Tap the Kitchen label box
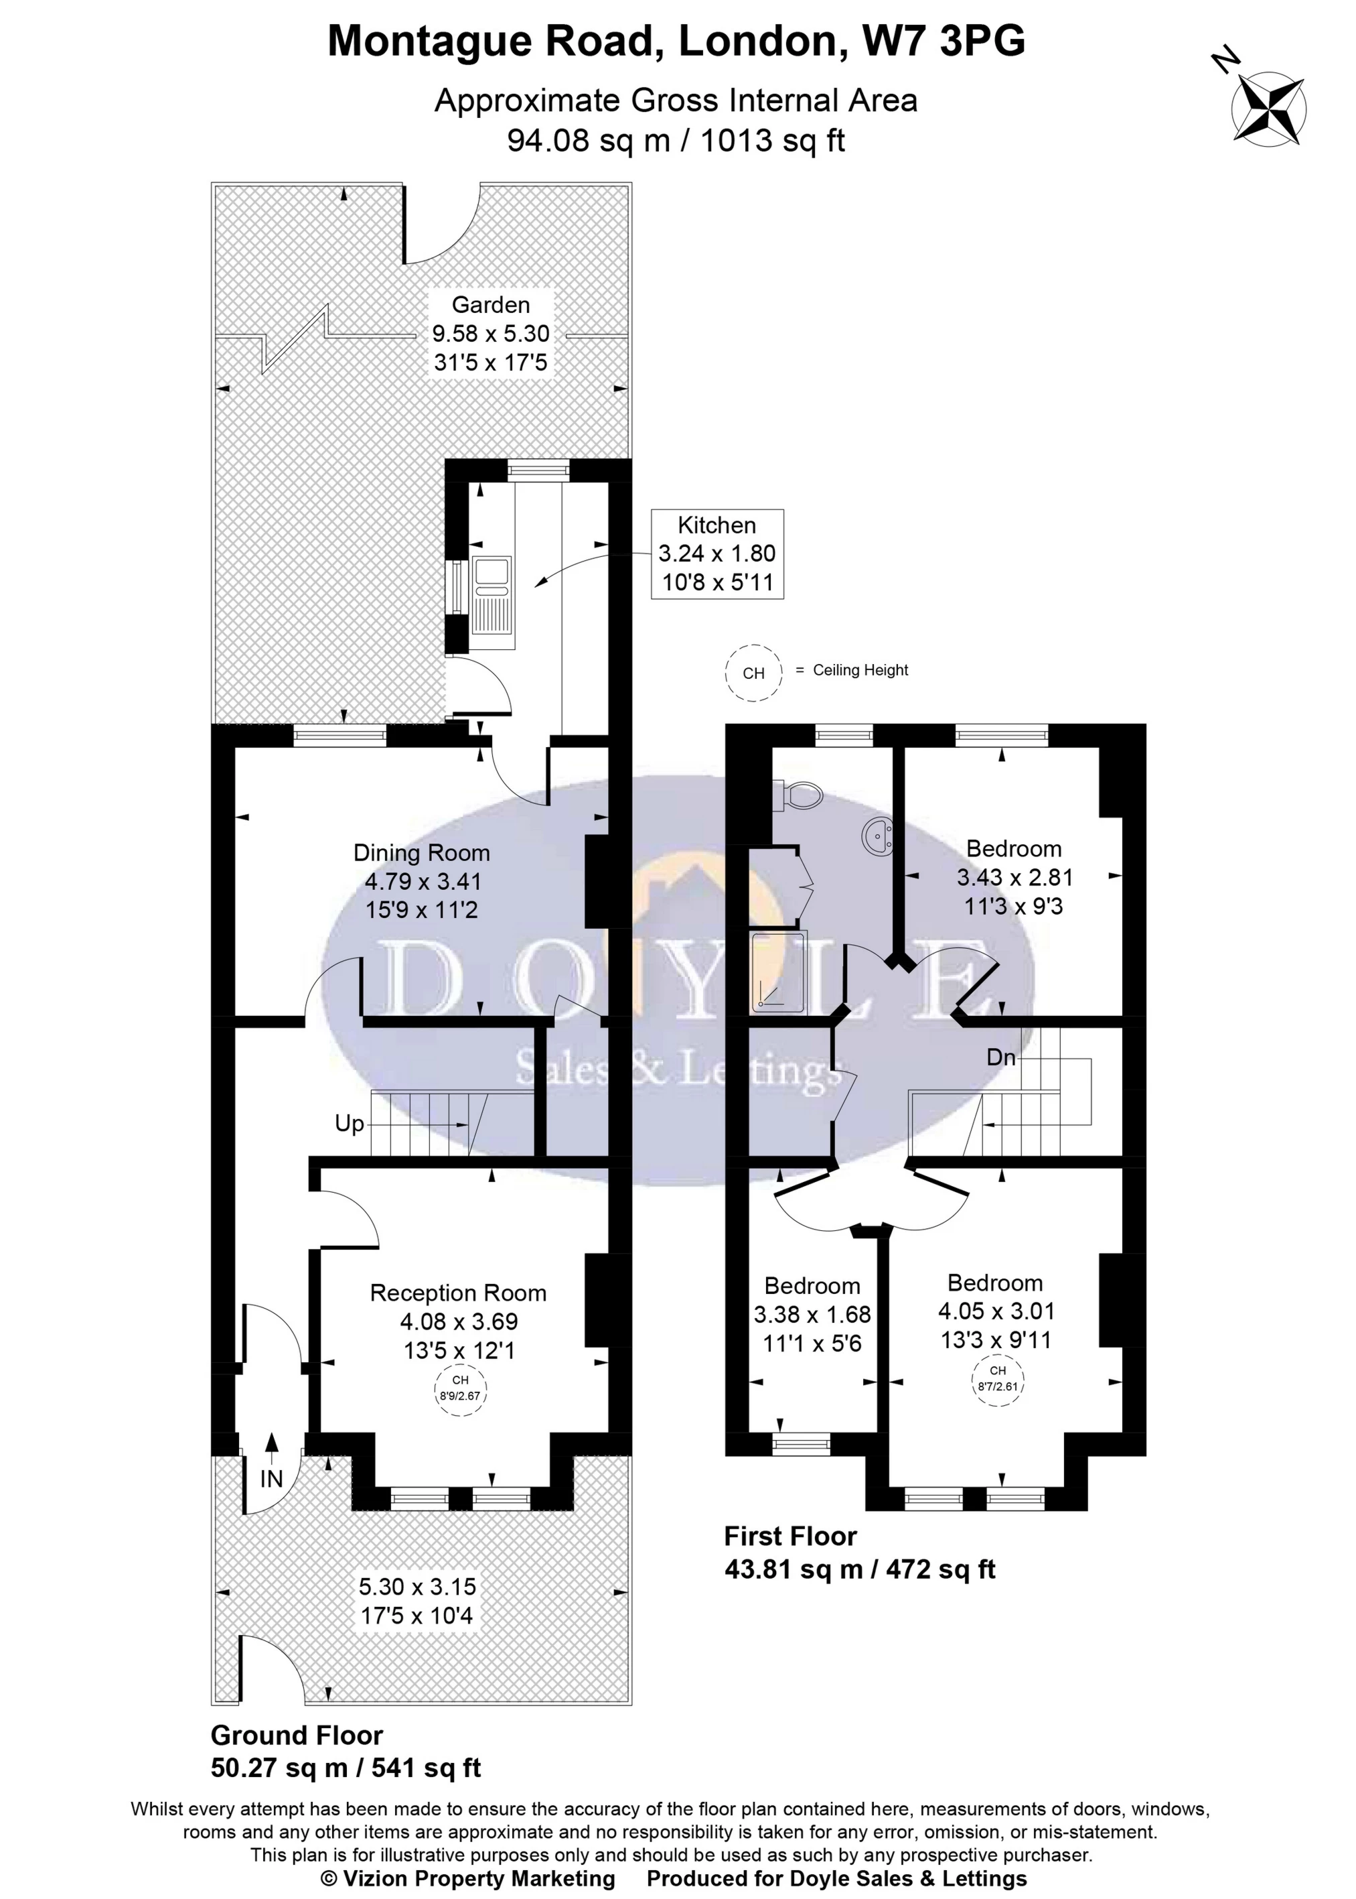[717, 554]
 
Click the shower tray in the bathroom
[779, 972]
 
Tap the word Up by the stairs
[349, 1124]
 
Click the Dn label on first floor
[1001, 1057]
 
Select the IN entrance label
[271, 1479]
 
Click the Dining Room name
[422, 853]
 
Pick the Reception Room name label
[459, 1293]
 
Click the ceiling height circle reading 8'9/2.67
[460, 1388]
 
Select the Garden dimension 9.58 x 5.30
[491, 333]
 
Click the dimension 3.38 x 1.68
[812, 1315]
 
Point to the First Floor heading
[791, 1536]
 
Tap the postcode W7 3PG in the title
[944, 40]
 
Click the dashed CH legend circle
[753, 673]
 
